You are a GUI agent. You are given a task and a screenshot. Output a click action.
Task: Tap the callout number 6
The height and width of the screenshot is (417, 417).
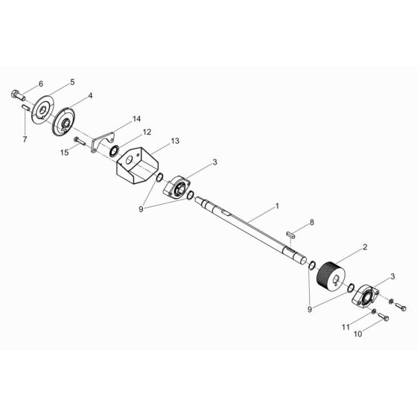coord(41,84)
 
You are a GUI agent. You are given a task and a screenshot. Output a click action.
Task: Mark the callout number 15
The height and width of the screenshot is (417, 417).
coord(65,152)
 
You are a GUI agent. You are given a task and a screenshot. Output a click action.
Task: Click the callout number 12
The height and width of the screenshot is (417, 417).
coord(147,132)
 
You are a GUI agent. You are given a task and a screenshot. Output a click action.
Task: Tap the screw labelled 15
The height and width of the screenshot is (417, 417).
coord(80,141)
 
